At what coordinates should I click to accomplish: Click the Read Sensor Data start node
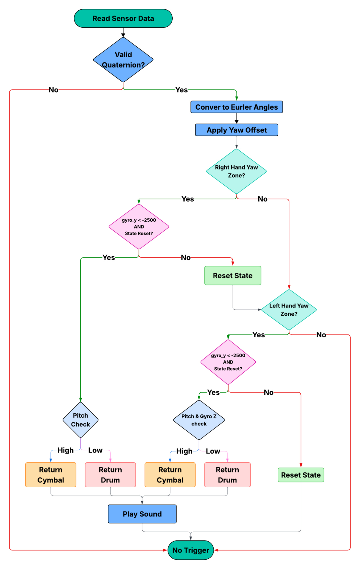point(123,19)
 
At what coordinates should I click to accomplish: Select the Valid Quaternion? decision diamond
point(123,60)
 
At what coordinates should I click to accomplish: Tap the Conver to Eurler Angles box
point(236,107)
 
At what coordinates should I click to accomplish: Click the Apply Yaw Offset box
point(236,130)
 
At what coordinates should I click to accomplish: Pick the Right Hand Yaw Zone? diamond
point(236,171)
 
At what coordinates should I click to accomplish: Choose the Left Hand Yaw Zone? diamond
point(289,310)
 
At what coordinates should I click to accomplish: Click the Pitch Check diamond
point(81,420)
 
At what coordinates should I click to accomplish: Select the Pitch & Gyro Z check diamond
point(199,420)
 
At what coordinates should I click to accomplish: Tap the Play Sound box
point(142,514)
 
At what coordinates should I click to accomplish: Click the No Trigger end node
point(191,550)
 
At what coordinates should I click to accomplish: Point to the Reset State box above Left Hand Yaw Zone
point(232,276)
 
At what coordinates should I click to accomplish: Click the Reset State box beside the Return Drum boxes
point(301,475)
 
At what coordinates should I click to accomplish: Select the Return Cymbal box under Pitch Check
point(51,475)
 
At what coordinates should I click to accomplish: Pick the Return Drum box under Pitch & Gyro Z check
point(227,475)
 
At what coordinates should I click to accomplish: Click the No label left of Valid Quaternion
point(54,90)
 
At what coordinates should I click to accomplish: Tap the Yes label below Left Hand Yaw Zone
point(259,335)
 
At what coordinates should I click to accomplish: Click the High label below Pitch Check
point(66,450)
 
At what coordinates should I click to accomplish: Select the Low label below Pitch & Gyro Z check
point(213,451)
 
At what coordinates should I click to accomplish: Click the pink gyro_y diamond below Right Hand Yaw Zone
point(139,227)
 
